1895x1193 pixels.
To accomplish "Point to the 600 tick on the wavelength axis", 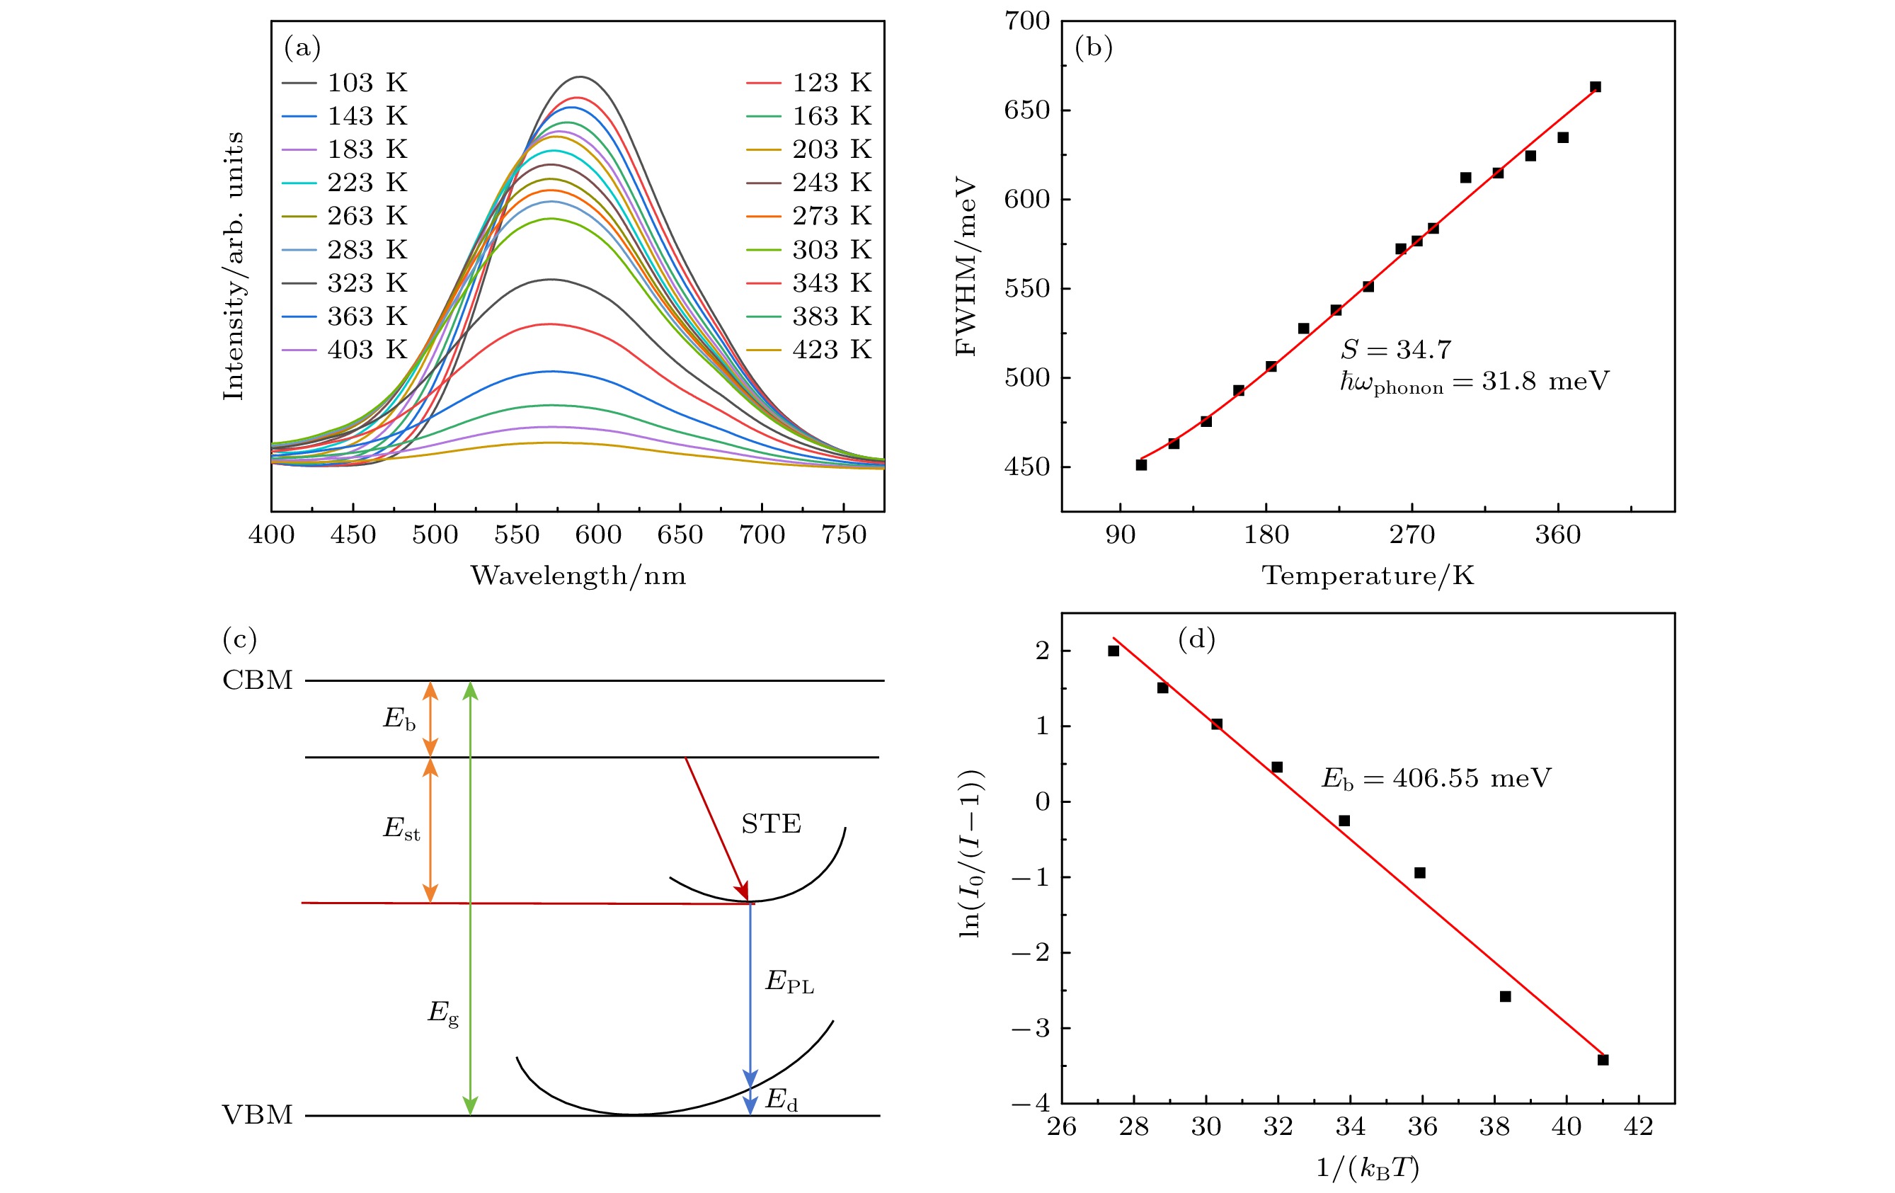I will pos(598,535).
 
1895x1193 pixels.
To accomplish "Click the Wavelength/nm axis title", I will pos(578,576).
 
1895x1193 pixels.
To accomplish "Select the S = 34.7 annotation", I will pos(1396,349).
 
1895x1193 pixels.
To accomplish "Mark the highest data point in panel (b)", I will pos(1595,86).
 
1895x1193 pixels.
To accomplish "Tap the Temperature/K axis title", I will pos(1368,576).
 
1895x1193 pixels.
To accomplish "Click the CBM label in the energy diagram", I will pos(258,680).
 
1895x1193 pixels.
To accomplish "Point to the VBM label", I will pos(258,1115).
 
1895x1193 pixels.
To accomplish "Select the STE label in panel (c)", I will pos(771,824).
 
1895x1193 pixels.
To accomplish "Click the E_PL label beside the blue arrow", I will pos(789,981).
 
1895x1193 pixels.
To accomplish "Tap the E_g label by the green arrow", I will pos(442,1012).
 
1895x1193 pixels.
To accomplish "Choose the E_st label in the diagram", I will pos(401,828).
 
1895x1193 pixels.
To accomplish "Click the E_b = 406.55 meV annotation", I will pos(1436,778).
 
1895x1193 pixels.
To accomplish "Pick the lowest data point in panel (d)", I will pos(1603,1060).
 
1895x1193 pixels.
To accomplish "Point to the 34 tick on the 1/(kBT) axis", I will pos(1351,1127).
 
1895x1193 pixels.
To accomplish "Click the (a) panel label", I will pos(302,48).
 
